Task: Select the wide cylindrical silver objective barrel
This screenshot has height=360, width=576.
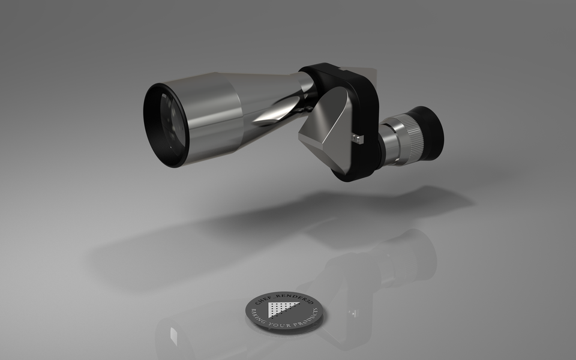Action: coord(213,117)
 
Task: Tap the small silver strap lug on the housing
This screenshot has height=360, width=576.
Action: coord(359,139)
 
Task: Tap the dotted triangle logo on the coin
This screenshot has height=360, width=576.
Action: coord(278,308)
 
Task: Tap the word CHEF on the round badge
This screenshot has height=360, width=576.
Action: coord(262,300)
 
